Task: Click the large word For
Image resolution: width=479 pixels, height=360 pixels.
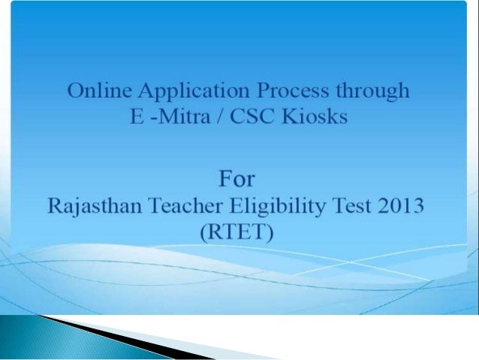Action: point(236,180)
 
